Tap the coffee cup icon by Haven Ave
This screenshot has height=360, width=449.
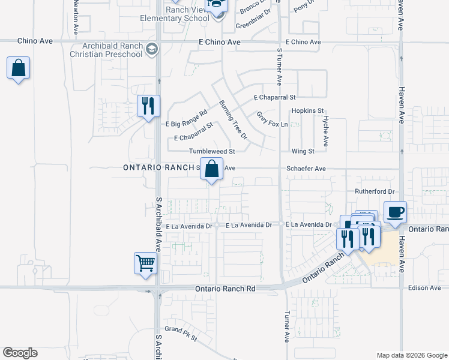395,212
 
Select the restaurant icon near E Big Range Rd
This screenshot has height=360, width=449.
148,106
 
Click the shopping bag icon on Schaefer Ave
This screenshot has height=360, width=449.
211,169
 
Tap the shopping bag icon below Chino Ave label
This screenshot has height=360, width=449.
19,68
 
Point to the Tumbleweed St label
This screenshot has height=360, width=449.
211,152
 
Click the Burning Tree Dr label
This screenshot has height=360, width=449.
232,119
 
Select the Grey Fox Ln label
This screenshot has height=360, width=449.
273,119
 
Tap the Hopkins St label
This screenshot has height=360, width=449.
307,111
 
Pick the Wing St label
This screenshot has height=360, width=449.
303,151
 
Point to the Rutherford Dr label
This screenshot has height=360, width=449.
373,192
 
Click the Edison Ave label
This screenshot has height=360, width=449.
424,288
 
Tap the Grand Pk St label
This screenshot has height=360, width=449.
181,334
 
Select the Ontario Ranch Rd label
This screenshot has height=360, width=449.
225,289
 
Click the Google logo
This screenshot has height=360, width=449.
20,353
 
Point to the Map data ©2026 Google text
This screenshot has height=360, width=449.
411,355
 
